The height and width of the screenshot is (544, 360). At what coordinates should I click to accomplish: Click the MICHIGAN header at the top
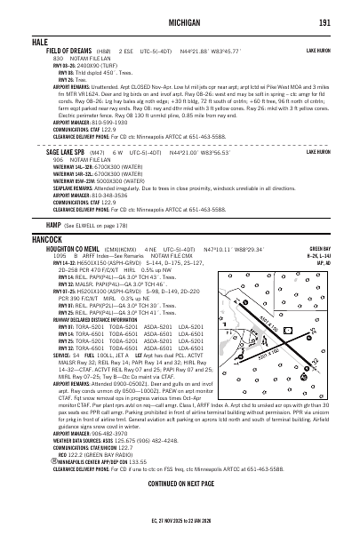[x=180, y=21]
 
